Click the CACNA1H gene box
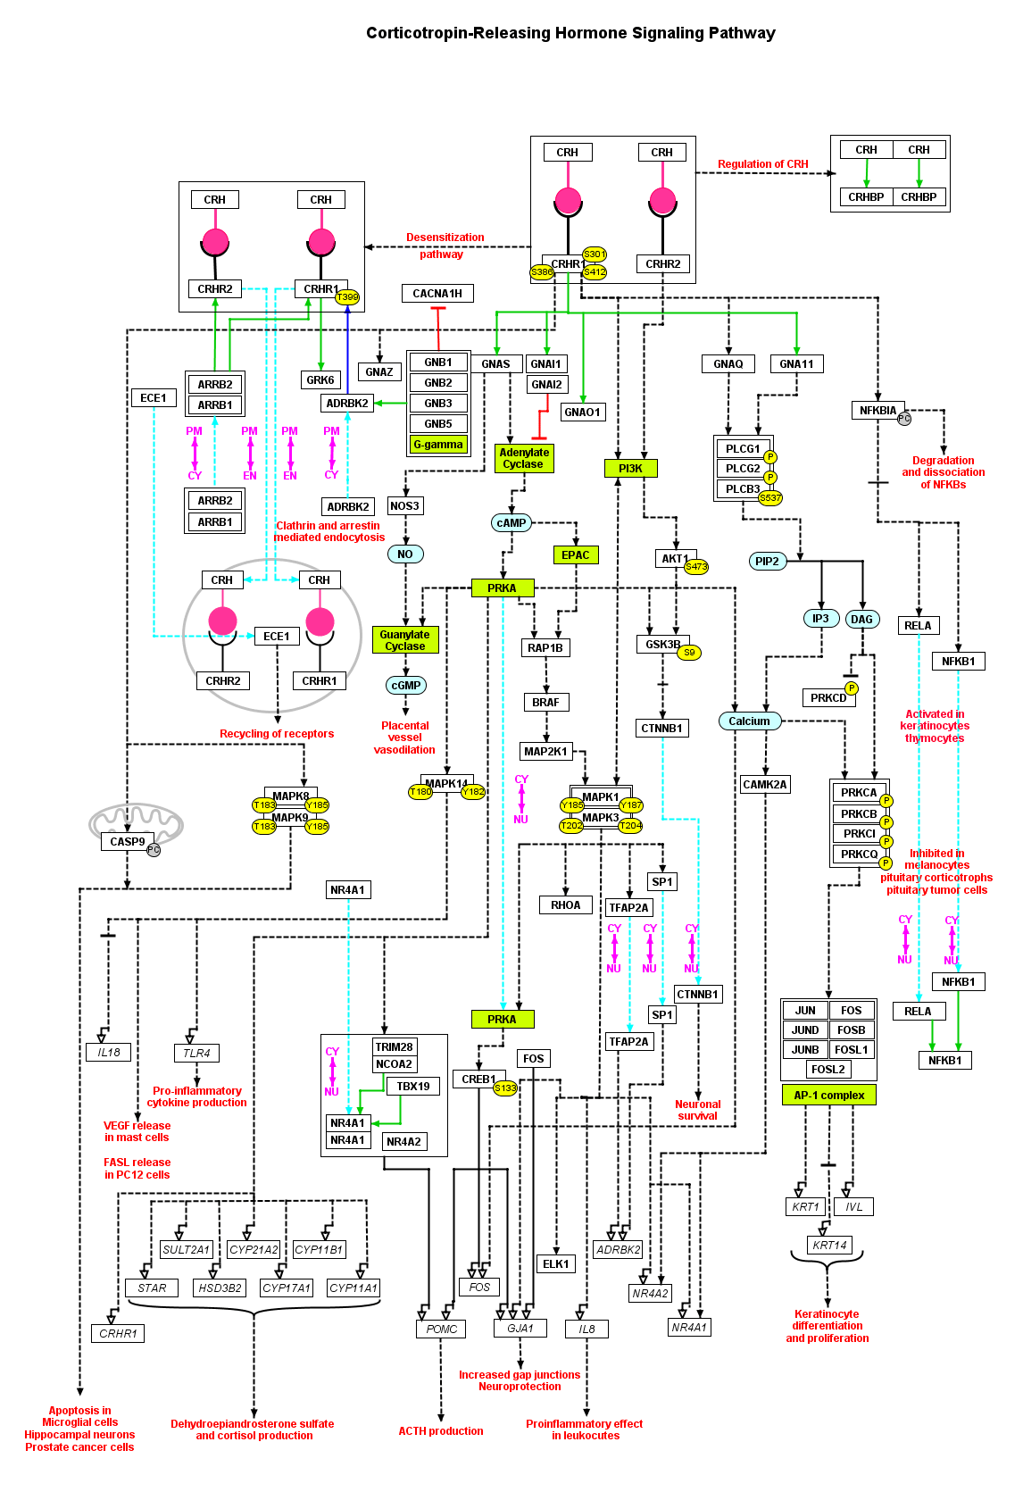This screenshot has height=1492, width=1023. (437, 293)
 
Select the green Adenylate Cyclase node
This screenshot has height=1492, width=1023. (524, 458)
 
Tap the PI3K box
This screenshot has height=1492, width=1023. (630, 468)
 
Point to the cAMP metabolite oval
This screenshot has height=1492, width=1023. (511, 523)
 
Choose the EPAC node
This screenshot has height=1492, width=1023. (576, 554)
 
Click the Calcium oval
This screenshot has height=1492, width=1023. (749, 721)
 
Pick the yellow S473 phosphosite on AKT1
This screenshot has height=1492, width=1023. (696, 567)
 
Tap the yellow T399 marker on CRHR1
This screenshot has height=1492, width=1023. (347, 297)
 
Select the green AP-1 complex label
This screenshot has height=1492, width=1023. (828, 1095)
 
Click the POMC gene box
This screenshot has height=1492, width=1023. (441, 1329)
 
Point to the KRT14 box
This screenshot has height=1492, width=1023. (829, 1245)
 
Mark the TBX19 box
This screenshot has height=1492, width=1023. (413, 1087)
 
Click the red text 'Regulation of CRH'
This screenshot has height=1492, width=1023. (763, 164)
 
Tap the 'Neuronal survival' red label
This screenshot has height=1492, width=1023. (698, 1110)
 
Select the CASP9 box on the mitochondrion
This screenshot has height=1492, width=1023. (128, 842)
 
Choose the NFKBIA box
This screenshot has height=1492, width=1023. (877, 411)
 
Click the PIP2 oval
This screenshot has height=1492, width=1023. (767, 562)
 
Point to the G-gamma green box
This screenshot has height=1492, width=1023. (438, 444)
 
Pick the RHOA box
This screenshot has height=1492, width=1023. (565, 905)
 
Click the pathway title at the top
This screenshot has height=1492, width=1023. (570, 33)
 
